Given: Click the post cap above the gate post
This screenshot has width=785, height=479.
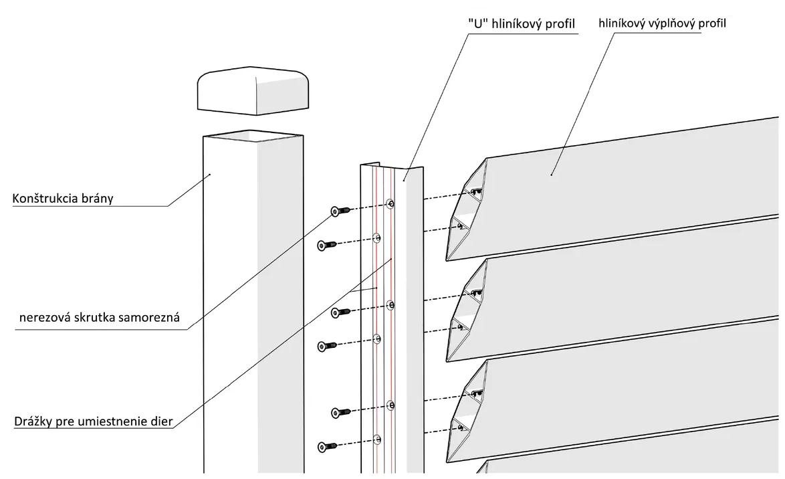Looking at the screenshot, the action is pos(253,90).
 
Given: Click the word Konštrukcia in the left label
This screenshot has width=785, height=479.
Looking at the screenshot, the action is pos(43,199).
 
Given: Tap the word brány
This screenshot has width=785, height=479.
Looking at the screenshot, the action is pos(96,199).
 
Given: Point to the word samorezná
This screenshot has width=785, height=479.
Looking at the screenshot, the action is pos(152,317).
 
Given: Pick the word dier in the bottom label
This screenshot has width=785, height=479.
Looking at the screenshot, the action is pos(161,421).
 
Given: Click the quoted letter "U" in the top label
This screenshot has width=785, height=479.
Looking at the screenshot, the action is pos(478,23).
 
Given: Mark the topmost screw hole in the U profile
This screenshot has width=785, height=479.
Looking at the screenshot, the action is pos(390,203).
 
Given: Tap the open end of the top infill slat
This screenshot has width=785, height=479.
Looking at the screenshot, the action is pos(467,209).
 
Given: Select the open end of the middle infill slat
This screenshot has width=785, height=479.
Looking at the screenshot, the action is pos(467,310).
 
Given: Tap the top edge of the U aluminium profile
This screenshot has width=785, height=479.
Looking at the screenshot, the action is pos(392,165).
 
